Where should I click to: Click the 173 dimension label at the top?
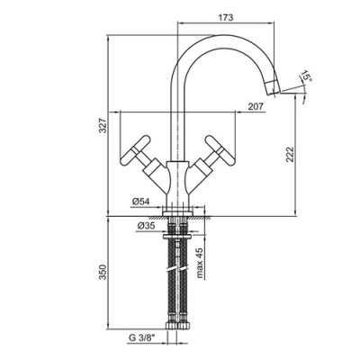point(226,17)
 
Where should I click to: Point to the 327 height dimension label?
point(103,126)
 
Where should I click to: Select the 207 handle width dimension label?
point(256,106)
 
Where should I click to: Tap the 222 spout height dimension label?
point(290,155)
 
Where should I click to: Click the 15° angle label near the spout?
point(307,76)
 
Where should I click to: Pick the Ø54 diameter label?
point(140,202)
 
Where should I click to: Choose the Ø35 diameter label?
point(146,226)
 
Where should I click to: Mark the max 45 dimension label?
point(200,263)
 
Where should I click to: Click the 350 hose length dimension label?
point(103,272)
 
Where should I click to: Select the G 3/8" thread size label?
point(141,337)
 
